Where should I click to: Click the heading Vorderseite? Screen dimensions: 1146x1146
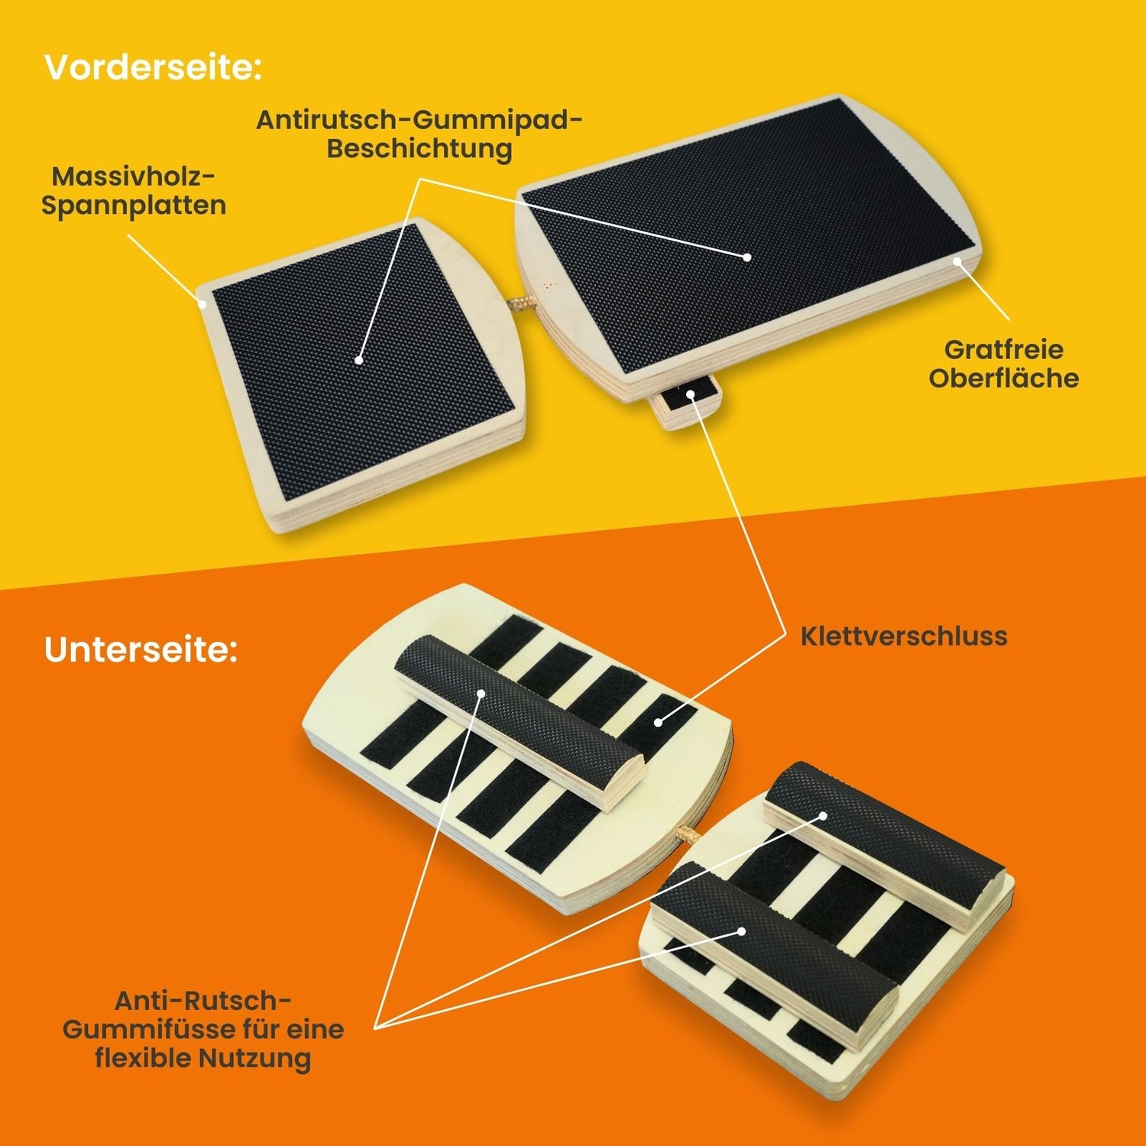click(153, 67)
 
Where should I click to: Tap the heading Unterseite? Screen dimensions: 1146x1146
click(141, 649)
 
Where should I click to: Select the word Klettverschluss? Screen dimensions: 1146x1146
click(904, 636)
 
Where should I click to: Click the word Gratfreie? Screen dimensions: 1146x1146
click(1004, 349)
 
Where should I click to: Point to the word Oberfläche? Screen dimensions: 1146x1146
click(1004, 378)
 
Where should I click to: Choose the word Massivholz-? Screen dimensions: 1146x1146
click(134, 176)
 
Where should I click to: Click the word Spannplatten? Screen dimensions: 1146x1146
click(134, 206)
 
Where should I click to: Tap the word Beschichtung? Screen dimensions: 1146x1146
click(419, 148)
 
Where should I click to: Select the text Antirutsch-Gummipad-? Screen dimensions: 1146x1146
click(419, 119)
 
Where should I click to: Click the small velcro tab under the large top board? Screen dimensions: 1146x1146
click(687, 403)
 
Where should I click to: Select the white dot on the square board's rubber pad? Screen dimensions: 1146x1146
click(358, 359)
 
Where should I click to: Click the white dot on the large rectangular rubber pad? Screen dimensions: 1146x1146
click(747, 257)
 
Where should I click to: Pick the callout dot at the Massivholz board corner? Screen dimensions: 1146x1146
click(202, 303)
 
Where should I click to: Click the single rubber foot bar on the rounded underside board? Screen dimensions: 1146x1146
click(519, 721)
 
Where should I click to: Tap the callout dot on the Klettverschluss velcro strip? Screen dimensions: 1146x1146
click(659, 721)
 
